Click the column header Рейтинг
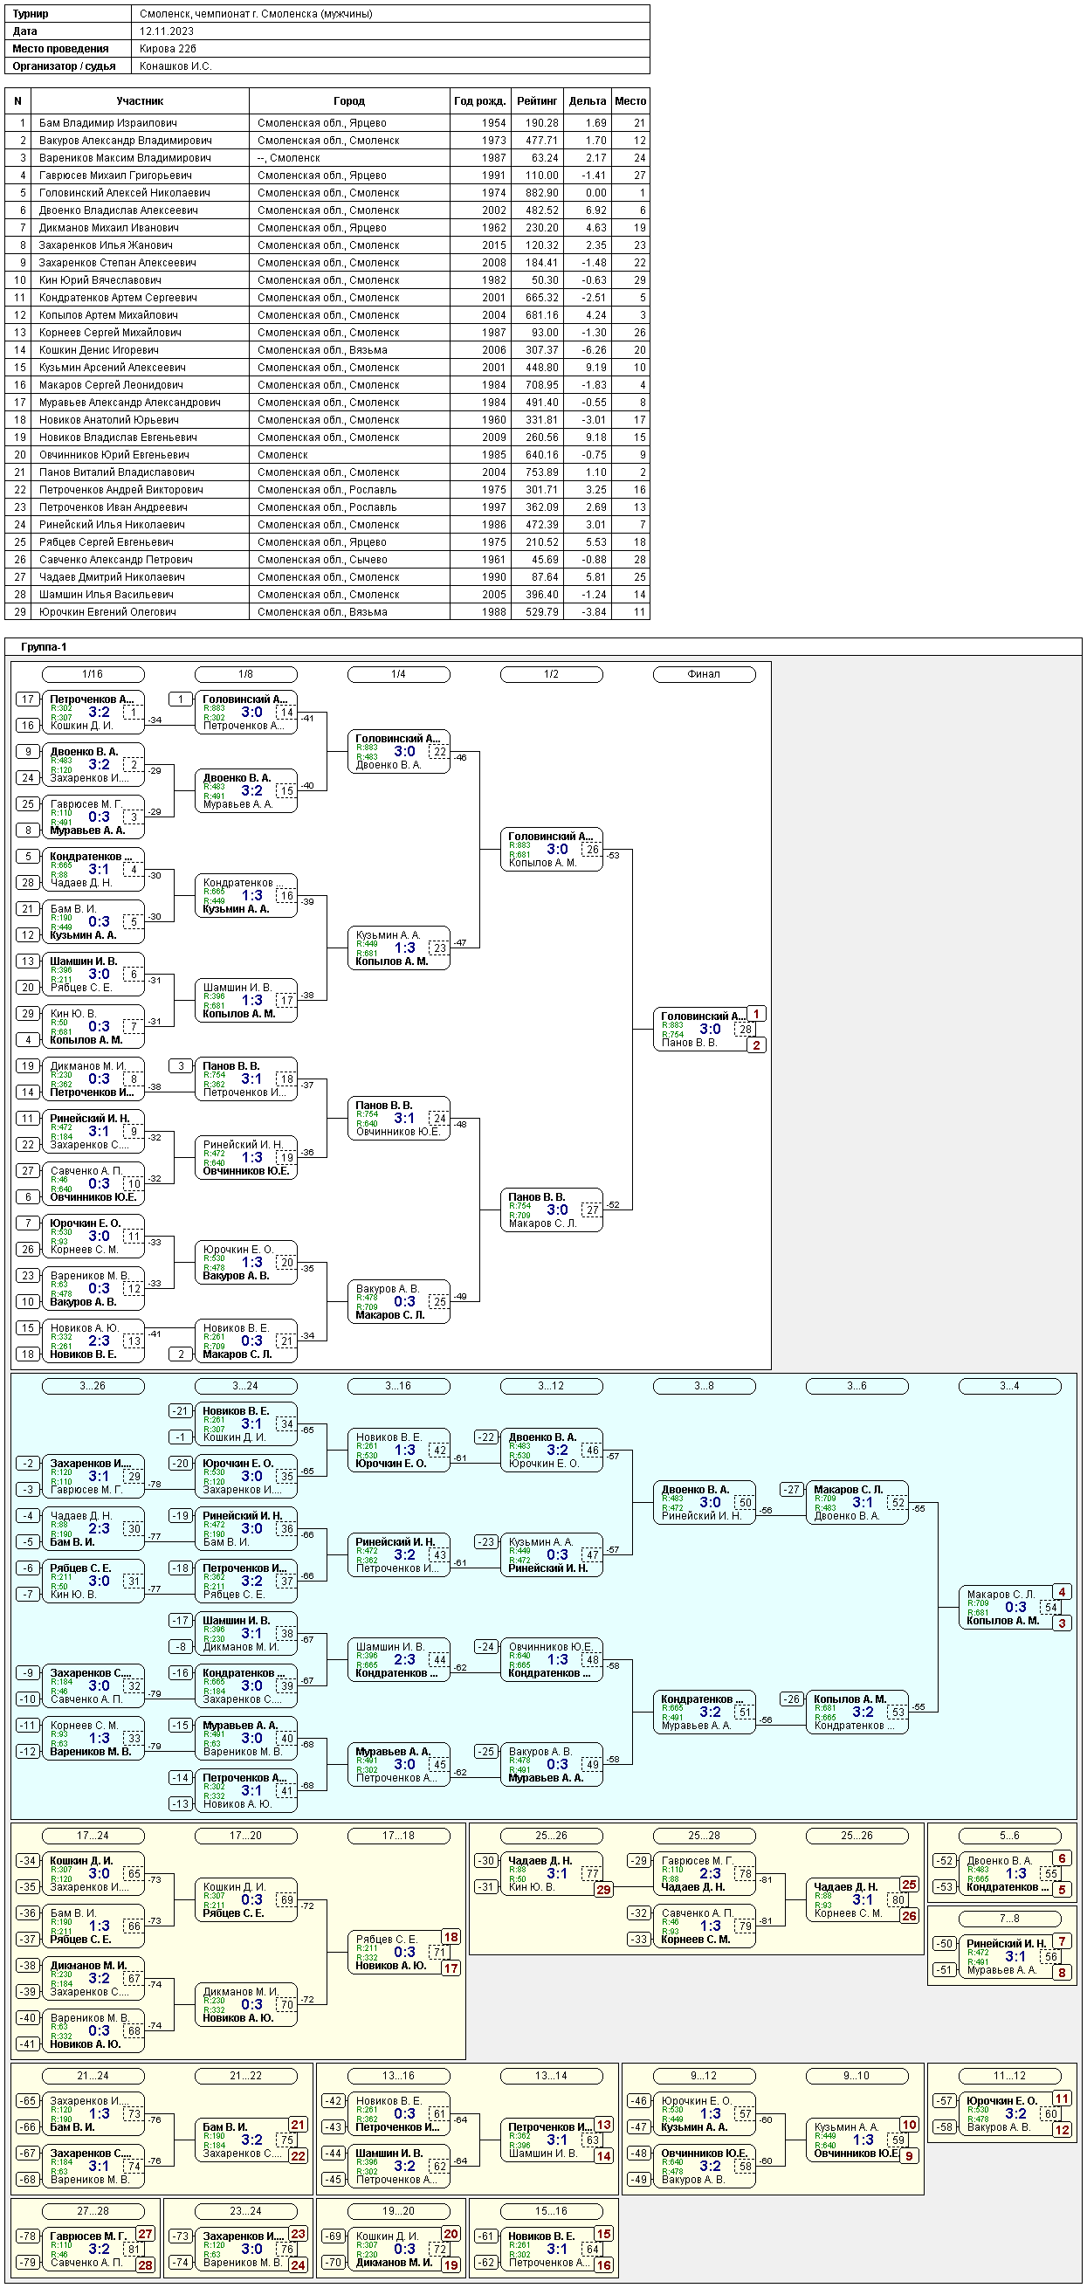536,101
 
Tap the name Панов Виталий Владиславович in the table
116,472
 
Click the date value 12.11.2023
166,31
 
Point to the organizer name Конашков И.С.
175,66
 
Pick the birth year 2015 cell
493,245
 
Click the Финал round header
704,674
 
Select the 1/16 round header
93,674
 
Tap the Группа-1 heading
44,647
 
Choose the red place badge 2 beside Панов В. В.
756,1045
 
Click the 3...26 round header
93,1386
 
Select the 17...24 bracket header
93,1836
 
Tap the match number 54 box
1050,1608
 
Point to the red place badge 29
603,1890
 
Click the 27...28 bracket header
93,2212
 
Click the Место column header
629,101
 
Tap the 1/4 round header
398,674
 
